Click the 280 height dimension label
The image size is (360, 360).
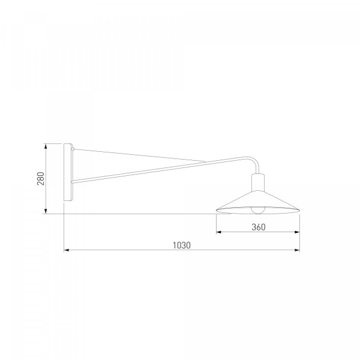41,178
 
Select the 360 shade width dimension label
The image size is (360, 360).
259,227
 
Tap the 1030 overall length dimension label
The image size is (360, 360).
182,245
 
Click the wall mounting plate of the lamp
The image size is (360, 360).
68,172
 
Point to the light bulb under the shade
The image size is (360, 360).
258,211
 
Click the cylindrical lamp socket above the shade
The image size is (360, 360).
258,182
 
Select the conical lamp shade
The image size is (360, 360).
258,202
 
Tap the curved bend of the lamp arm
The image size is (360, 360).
254,162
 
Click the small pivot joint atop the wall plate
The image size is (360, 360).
73,149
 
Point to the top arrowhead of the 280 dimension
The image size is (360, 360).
46,146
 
